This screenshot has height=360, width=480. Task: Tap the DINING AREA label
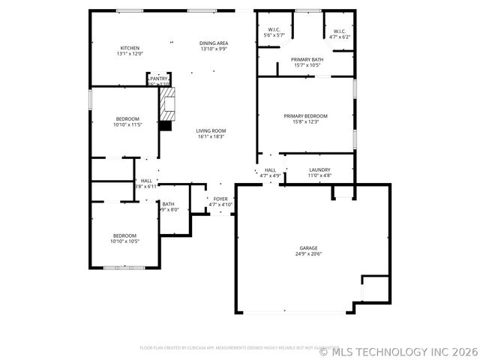click(214, 43)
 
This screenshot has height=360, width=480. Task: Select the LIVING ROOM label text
click(211, 130)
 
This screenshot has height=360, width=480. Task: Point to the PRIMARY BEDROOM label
click(305, 115)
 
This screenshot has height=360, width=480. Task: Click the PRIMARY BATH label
click(307, 59)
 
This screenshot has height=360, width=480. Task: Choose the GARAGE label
click(309, 248)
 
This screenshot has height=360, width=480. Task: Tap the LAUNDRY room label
click(320, 170)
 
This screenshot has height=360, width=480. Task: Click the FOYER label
click(220, 199)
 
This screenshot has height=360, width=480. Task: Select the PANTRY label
click(159, 78)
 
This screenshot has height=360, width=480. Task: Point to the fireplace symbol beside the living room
click(168, 104)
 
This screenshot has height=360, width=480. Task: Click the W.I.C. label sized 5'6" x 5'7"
click(274, 30)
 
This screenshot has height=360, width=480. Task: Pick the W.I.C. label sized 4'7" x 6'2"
click(339, 31)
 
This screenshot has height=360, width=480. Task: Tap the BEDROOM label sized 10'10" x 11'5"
click(127, 119)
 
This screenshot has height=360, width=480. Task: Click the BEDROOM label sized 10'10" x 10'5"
click(124, 235)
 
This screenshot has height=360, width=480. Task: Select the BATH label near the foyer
click(169, 204)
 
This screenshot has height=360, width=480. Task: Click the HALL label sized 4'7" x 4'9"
click(270, 170)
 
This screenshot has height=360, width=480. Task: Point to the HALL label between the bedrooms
click(146, 181)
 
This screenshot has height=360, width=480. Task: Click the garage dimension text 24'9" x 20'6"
click(309, 253)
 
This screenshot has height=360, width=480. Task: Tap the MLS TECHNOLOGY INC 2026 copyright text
click(397, 350)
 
